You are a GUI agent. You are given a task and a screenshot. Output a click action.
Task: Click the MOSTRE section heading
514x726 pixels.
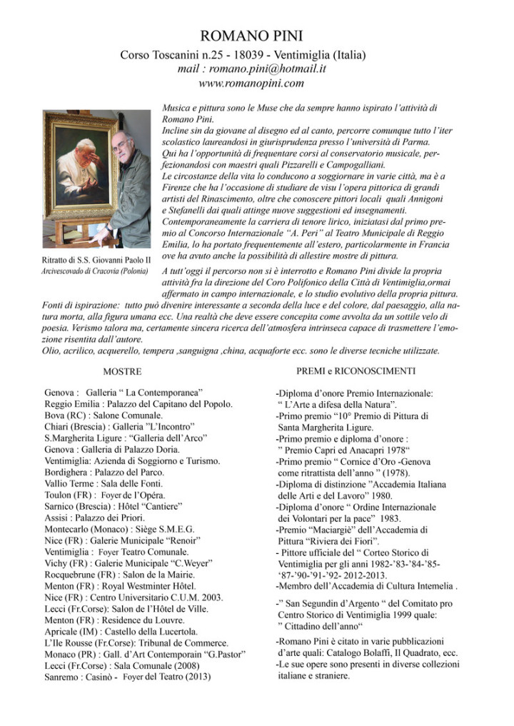[122, 372]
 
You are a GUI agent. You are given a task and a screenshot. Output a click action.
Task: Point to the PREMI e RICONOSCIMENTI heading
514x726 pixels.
[356, 370]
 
